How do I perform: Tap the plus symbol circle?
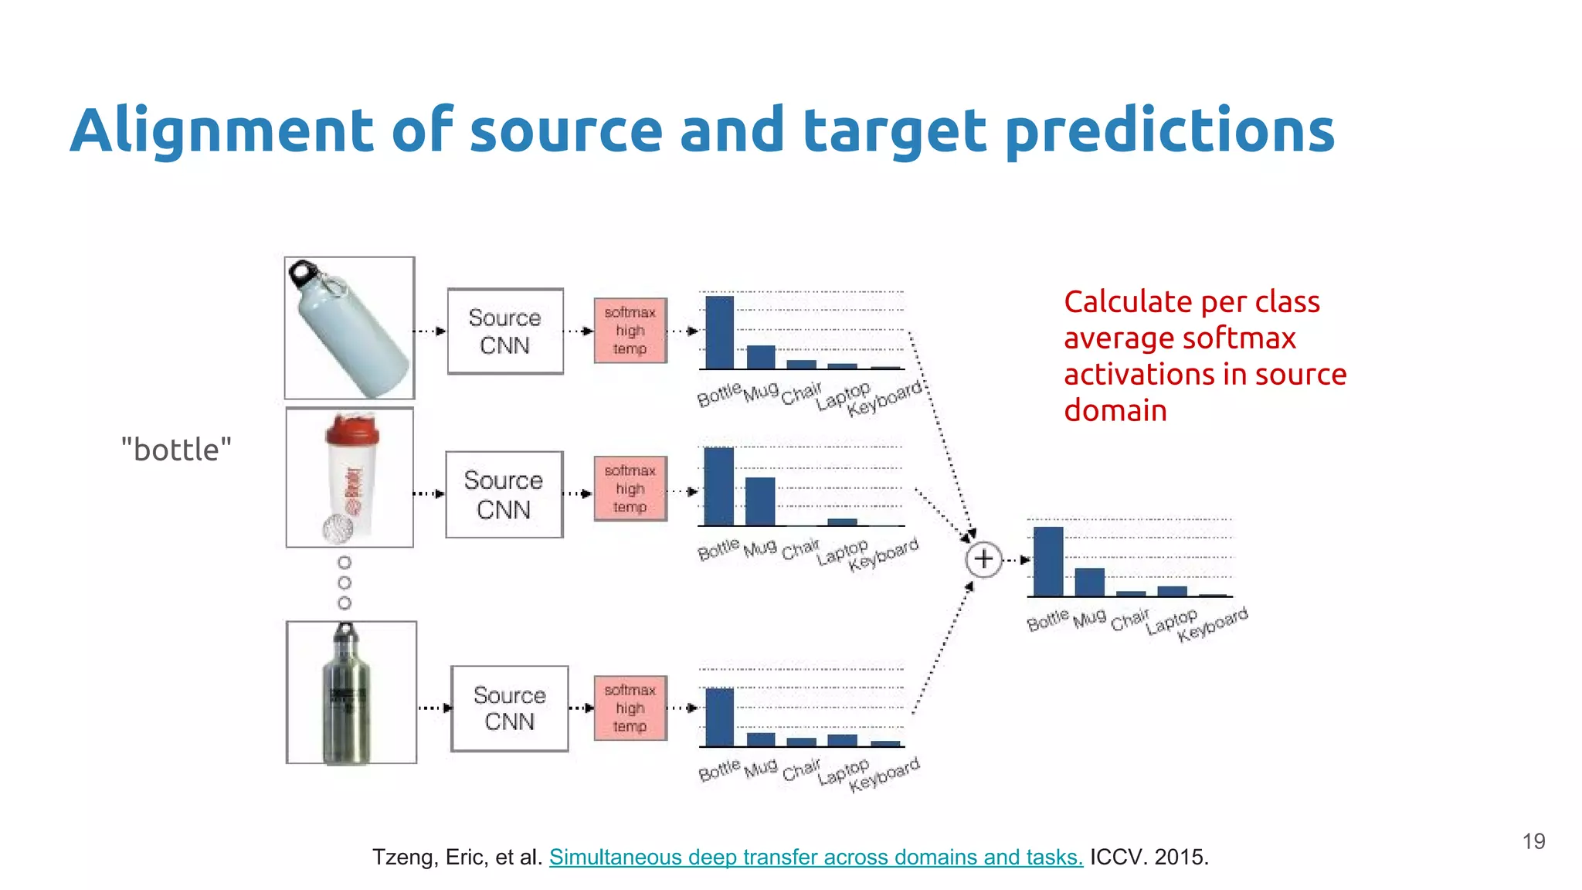click(983, 559)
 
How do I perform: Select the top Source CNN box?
click(505, 331)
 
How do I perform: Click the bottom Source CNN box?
click(510, 708)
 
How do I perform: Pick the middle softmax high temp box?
click(630, 489)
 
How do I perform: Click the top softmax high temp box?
click(630, 331)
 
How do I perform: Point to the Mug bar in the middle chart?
click(760, 502)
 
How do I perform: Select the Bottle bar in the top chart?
click(719, 333)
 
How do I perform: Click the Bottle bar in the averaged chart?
click(1048, 562)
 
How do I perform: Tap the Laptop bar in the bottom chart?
click(842, 740)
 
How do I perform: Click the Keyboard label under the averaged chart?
click(1213, 625)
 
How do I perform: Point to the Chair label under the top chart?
click(801, 393)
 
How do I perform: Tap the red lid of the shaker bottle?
click(351, 430)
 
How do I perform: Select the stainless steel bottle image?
click(350, 693)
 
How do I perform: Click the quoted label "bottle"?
click(176, 450)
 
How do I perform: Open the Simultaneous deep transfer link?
click(816, 857)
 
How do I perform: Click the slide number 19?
click(1533, 841)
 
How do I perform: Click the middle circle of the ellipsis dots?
click(345, 583)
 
